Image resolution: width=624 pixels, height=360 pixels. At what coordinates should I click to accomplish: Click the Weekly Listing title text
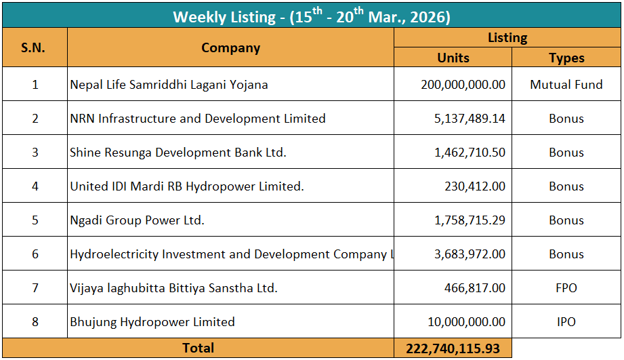pos(312,16)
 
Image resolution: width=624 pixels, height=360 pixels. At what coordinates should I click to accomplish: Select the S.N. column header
pos(33,47)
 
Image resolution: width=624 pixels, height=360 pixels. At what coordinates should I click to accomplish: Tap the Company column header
pos(230,47)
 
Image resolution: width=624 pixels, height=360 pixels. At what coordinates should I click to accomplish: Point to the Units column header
pos(453,58)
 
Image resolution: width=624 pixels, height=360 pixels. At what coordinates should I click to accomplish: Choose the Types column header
pos(566,58)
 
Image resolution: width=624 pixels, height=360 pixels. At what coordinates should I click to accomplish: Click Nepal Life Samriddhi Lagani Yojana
pos(169,85)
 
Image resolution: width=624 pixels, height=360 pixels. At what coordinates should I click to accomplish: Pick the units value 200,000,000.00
pos(463,85)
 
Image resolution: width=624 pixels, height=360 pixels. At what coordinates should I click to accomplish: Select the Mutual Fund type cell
pos(566,85)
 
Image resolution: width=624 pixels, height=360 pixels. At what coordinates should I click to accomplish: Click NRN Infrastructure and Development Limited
pos(198,119)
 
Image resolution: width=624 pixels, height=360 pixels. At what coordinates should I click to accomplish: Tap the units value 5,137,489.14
pos(470,119)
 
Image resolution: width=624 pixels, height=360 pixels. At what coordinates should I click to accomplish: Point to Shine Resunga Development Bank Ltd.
pos(178,153)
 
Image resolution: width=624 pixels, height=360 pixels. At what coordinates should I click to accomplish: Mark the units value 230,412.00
pos(474,186)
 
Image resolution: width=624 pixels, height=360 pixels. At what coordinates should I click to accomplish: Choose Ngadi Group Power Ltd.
pos(137,220)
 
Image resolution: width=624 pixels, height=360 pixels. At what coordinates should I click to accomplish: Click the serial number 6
pos(35,254)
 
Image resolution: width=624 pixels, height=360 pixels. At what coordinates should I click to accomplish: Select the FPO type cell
pos(566,288)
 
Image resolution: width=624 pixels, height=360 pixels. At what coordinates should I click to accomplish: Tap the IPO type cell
pos(566,322)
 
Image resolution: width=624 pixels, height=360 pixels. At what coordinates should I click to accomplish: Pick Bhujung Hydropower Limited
pos(152,322)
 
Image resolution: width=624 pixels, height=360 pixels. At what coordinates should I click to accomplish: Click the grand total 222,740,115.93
pos(453,348)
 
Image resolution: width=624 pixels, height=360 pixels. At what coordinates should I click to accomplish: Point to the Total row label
pos(198,348)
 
